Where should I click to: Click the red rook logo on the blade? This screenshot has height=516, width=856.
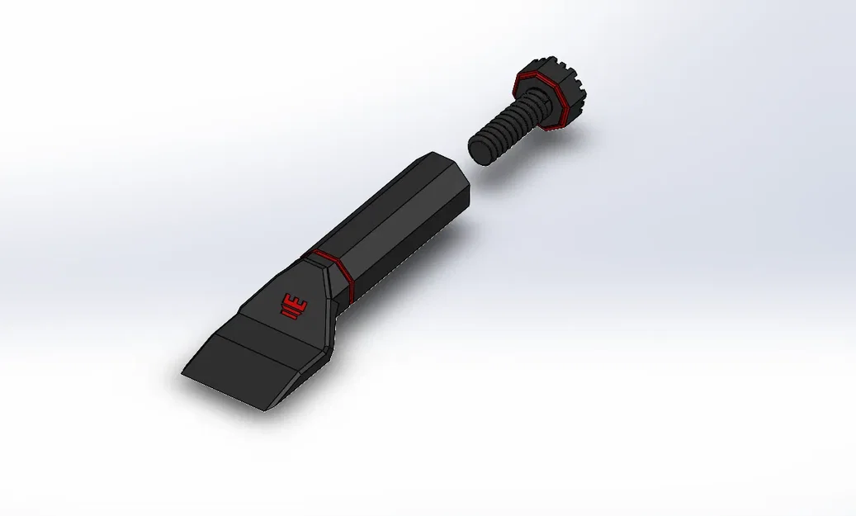point(293,305)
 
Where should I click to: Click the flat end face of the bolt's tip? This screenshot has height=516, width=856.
point(480,150)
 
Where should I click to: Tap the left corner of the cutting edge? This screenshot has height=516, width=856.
point(182,376)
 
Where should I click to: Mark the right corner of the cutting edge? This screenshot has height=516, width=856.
point(262,410)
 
